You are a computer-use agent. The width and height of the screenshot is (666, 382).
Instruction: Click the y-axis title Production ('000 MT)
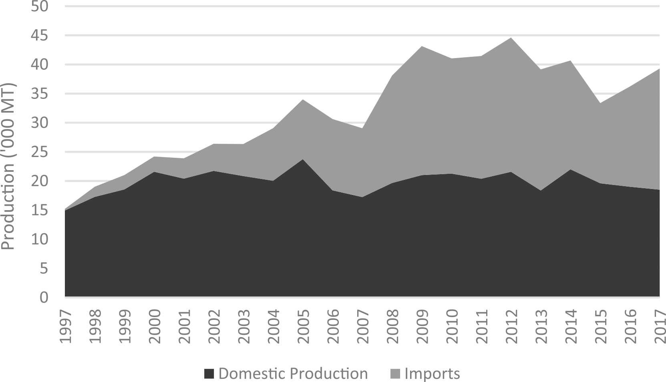(x=8, y=167)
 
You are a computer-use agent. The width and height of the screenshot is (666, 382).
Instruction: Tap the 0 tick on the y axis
(x=44, y=297)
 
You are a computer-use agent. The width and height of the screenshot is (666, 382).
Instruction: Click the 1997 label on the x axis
(x=65, y=326)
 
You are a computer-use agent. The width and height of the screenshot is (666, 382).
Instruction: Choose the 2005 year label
(x=304, y=326)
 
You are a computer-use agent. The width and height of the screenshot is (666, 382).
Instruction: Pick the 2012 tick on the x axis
(x=511, y=326)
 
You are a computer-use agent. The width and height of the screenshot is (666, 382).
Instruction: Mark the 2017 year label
(x=660, y=326)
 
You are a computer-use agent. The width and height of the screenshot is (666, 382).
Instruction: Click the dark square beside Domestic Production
(x=209, y=374)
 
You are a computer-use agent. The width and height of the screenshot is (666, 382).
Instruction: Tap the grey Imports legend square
(x=395, y=374)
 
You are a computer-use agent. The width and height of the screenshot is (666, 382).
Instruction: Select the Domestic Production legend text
(x=293, y=374)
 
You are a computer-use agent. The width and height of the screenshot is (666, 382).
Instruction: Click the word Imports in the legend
(x=432, y=374)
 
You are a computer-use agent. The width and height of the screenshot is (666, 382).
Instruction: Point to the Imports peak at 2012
(x=511, y=38)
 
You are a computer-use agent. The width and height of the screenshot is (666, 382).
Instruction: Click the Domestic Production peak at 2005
(x=303, y=159)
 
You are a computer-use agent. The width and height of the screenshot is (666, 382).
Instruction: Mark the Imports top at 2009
(x=422, y=46)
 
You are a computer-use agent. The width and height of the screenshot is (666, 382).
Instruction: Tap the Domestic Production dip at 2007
(x=362, y=197)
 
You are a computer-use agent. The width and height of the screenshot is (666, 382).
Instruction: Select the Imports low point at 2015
(x=600, y=103)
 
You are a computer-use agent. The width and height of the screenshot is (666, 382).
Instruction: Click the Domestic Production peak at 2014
(x=570, y=169)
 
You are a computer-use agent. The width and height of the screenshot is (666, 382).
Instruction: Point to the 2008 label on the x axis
(x=392, y=326)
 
